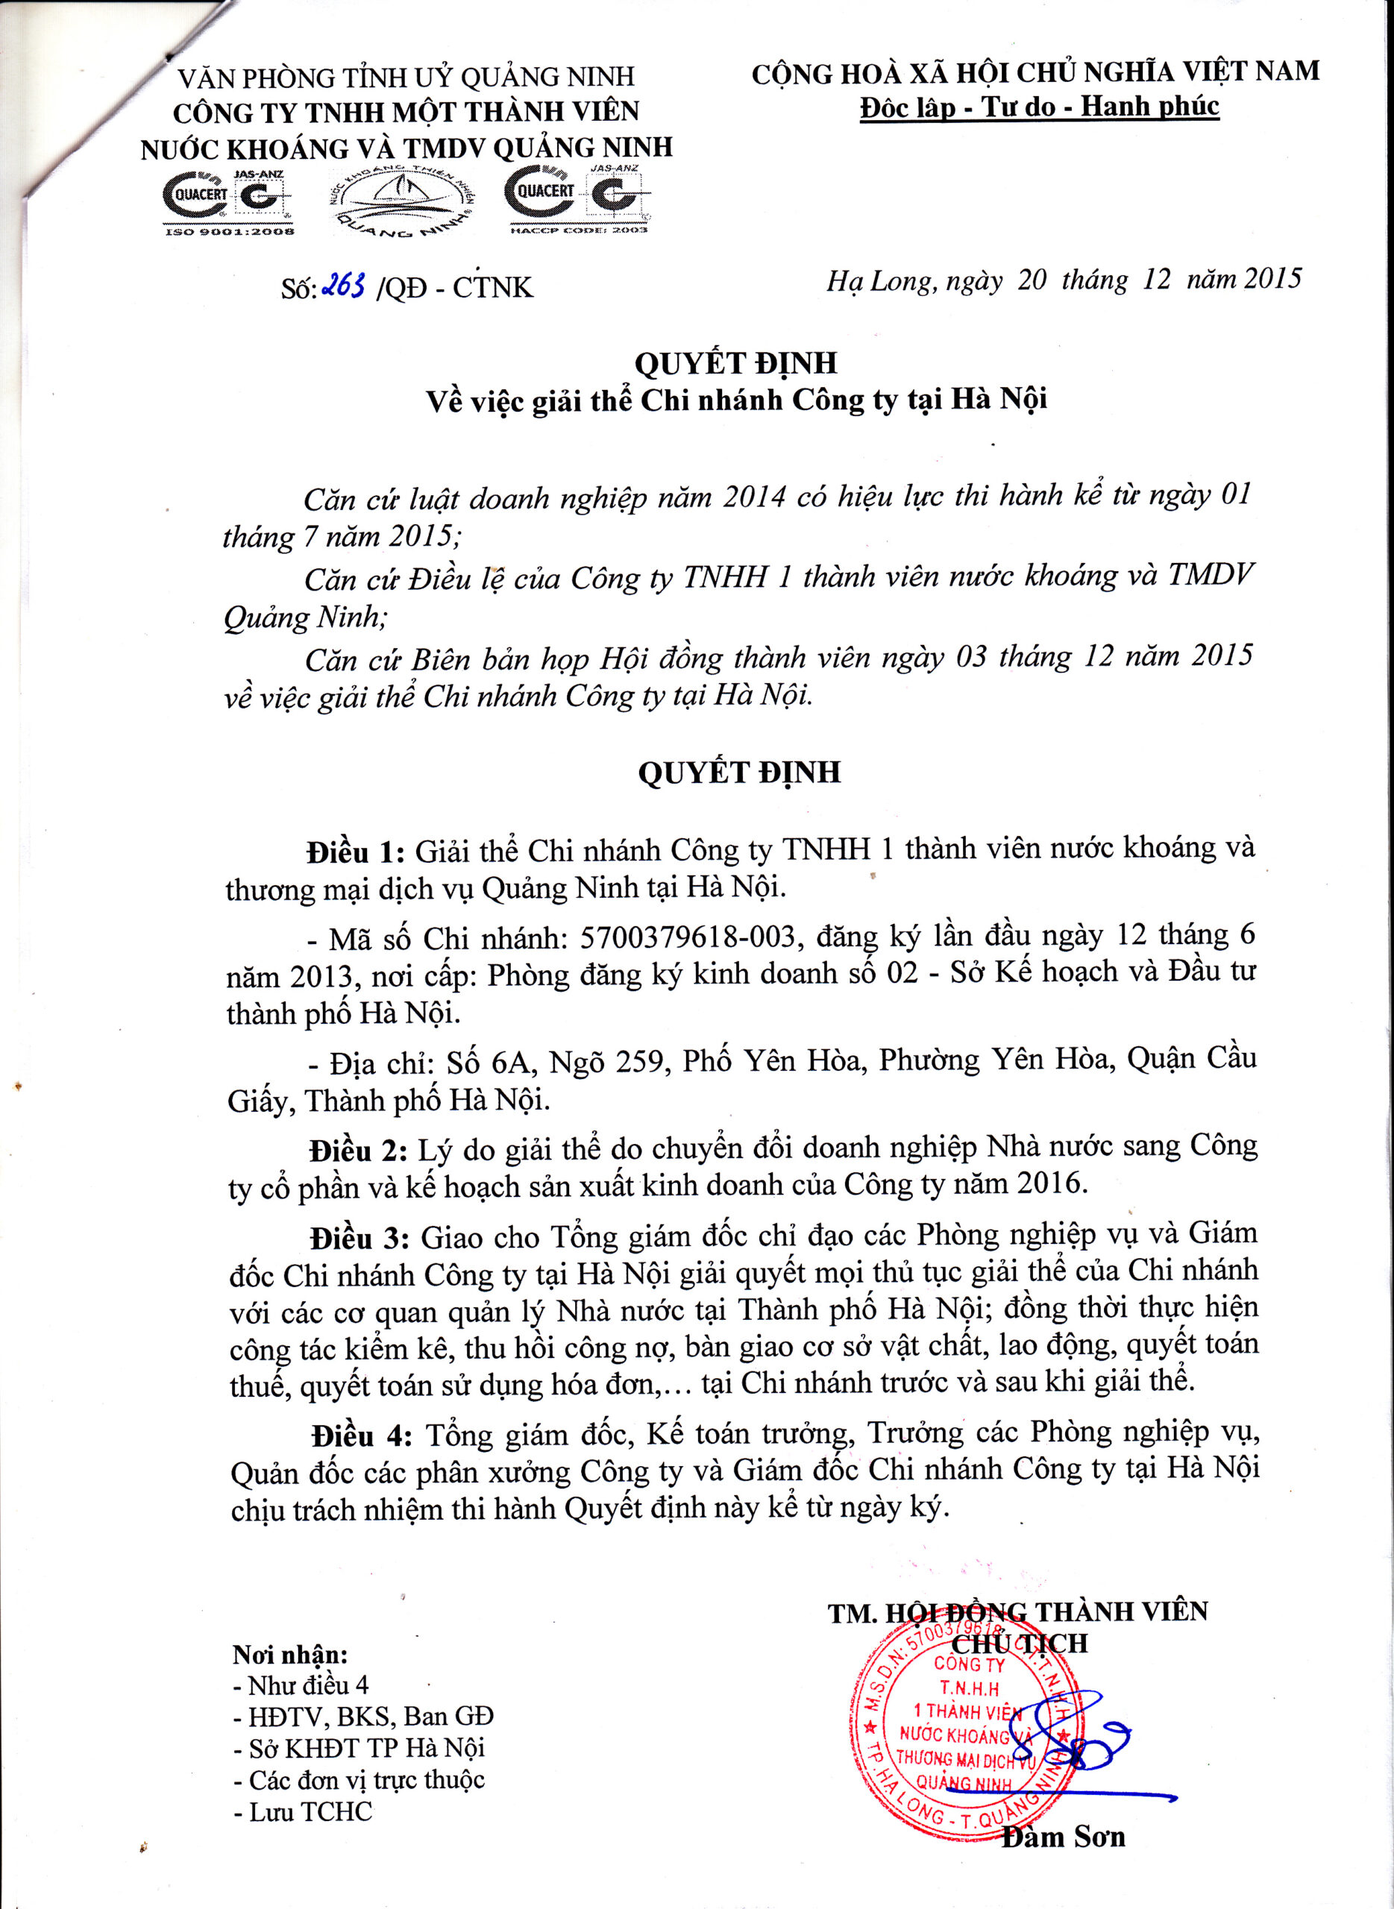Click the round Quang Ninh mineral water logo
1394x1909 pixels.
click(402, 201)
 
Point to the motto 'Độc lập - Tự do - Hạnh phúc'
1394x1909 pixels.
click(1039, 107)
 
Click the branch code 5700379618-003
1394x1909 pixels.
click(688, 937)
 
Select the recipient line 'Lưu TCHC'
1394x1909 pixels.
click(303, 1811)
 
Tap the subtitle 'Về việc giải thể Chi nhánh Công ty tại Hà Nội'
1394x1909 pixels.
click(736, 400)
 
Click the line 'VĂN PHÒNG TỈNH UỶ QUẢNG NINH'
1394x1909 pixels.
click(406, 78)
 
